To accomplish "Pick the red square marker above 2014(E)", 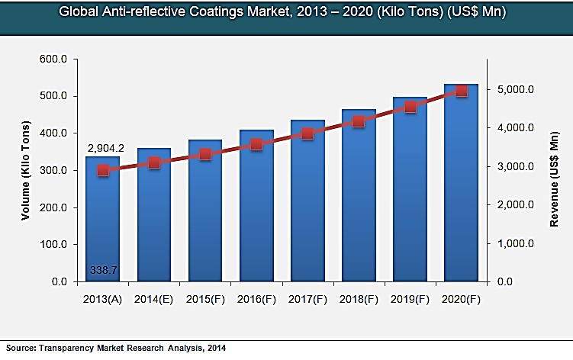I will click(154, 162).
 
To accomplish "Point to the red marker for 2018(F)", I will click(359, 121).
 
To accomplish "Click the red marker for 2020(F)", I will click(462, 90).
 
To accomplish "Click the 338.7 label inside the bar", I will click(102, 270).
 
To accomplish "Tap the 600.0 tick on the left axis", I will click(53, 59).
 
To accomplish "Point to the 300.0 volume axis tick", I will click(53, 170).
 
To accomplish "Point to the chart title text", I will click(285, 13).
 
